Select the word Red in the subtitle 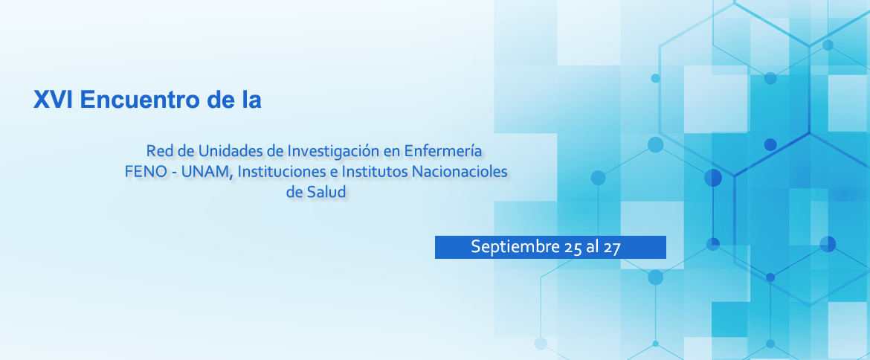(x=156, y=151)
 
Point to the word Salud (x=329, y=193)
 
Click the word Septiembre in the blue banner (x=514, y=247)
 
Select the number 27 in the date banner (x=611, y=248)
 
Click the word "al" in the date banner (x=592, y=247)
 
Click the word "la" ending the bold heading (x=251, y=100)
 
